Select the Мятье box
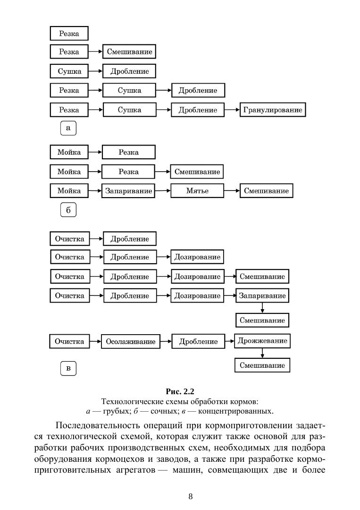pos(197,191)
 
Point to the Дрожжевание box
pos(262,340)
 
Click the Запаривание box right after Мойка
pos(128,191)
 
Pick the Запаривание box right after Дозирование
pos(262,296)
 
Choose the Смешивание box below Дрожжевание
pos(262,365)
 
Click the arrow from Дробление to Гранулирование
pos(232,110)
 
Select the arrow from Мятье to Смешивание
pos(231,191)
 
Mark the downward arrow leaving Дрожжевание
pos(262,353)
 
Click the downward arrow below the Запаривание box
pos(262,308)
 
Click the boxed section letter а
pos(68,128)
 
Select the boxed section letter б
pos(68,210)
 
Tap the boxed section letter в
pos(68,368)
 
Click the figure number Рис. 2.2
pos(180,391)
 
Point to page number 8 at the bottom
pos(190,496)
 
